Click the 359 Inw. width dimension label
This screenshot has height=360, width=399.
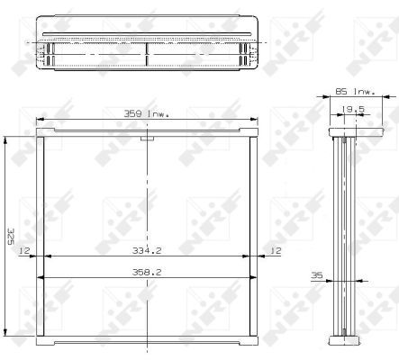point(147,114)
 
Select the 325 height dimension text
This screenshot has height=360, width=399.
point(11,237)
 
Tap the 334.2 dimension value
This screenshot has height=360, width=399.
point(147,250)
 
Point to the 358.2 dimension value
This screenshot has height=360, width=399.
point(147,272)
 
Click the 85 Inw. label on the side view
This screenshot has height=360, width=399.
point(355,92)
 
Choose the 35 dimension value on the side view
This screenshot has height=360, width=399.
point(317,275)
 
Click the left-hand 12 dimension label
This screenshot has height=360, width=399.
point(24,250)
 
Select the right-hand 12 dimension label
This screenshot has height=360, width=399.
point(276,250)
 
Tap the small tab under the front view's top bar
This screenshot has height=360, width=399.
point(147,139)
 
